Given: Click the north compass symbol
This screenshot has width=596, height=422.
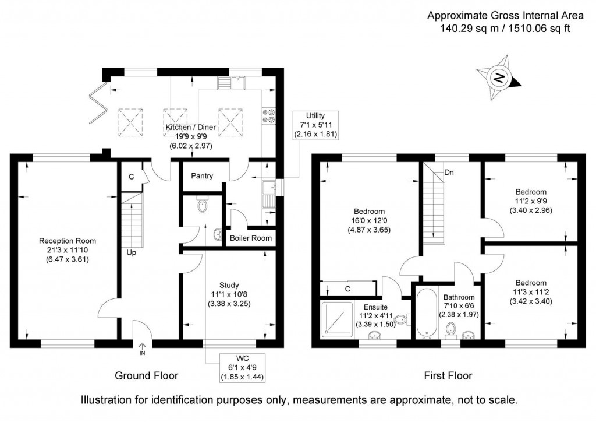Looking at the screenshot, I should coord(498,77).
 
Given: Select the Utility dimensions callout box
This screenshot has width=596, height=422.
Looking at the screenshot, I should coord(316,125).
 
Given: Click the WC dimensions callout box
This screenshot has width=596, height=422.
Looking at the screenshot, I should coord(242,368).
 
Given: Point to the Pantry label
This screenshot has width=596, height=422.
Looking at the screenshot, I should coord(202,176).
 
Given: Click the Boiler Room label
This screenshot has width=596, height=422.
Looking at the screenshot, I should coord(250,238).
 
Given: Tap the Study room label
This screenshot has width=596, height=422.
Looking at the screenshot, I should coord(229,285).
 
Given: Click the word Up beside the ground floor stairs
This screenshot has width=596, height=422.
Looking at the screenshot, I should coord(132,253).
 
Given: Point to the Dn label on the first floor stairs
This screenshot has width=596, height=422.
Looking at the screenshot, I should coord(449,173).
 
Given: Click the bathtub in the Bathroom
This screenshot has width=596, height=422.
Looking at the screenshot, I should coord(424,312).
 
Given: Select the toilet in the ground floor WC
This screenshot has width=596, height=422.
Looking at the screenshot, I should coord(203,206).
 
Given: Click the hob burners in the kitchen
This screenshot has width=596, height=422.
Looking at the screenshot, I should coord(269,115).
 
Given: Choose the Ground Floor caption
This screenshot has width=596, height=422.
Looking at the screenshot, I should coord(146,375).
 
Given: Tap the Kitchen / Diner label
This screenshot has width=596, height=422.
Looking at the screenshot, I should coord(191,127).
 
